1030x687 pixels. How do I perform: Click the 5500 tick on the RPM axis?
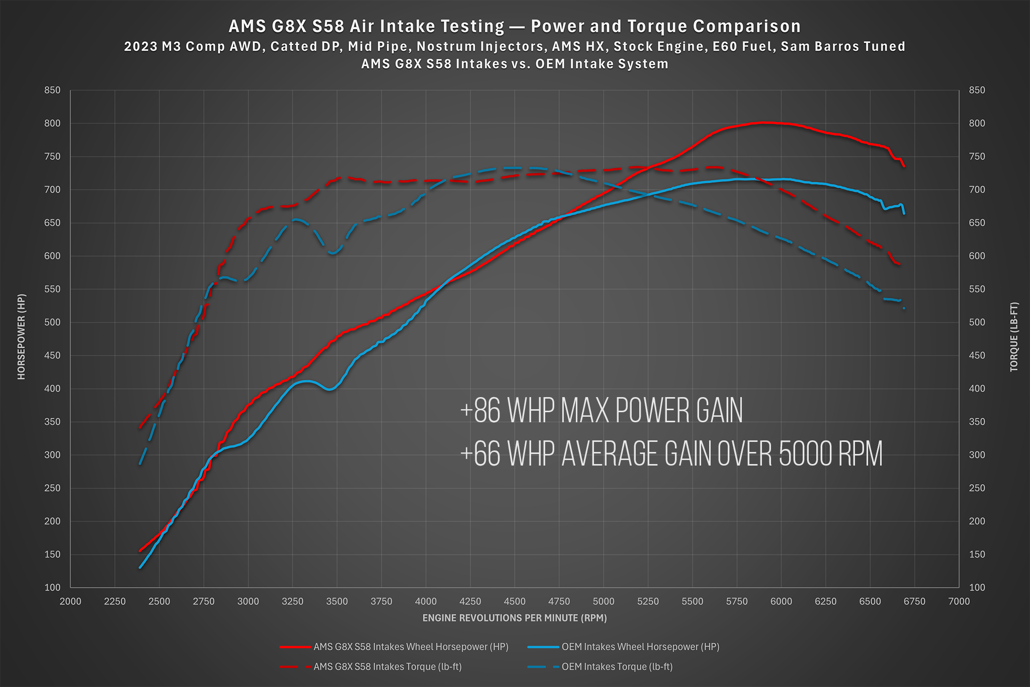click(x=692, y=601)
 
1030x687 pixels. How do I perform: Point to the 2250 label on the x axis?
click(x=115, y=601)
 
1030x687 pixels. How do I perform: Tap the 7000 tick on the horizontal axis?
click(x=959, y=601)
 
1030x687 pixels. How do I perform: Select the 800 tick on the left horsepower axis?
click(x=52, y=123)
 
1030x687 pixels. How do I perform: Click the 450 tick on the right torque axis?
click(x=977, y=356)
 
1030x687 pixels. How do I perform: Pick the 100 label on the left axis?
click(x=52, y=587)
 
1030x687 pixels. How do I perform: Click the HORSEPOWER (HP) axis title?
click(x=21, y=337)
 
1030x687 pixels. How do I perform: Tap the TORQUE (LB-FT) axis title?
click(x=1014, y=337)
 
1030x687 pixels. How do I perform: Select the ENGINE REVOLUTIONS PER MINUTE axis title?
click(x=514, y=618)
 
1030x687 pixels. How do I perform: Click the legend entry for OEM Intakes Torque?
click(x=617, y=667)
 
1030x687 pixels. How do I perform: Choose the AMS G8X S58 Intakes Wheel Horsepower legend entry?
click(x=410, y=647)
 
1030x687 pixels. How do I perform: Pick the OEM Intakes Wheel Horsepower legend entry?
click(x=640, y=647)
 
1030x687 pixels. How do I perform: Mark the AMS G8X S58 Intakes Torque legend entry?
click(x=387, y=667)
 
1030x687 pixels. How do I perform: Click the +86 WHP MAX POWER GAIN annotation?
click(x=601, y=411)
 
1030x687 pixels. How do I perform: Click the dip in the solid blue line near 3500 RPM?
click(x=329, y=389)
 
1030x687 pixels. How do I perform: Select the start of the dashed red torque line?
click(x=140, y=427)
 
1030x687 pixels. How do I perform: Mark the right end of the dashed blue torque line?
click(x=904, y=308)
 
